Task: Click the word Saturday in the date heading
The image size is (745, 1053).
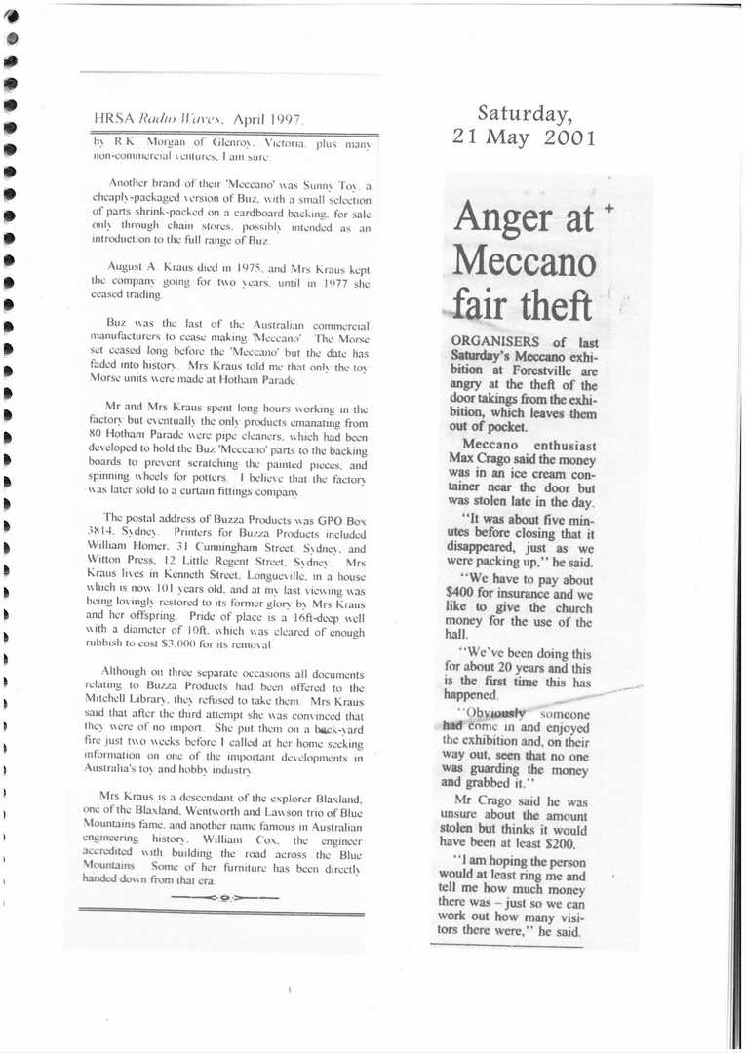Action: (x=525, y=114)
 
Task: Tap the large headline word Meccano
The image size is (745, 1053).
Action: (x=523, y=261)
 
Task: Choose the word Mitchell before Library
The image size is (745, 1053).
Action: (x=118, y=702)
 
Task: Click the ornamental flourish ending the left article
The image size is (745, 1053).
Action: (x=225, y=896)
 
